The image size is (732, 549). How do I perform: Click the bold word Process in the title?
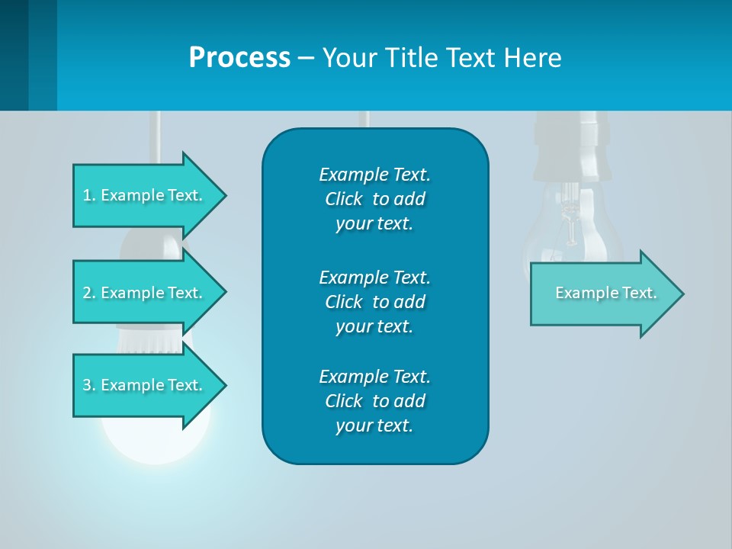coord(239,58)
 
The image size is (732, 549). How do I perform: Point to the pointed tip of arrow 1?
coord(224,195)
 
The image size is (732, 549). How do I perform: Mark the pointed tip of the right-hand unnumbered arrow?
coord(682,294)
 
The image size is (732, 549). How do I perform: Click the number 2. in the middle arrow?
coord(89,293)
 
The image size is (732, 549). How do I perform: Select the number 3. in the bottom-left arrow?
coord(89,385)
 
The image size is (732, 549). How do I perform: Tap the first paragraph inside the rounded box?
coord(374,199)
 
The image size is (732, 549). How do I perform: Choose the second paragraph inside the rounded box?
coord(374,301)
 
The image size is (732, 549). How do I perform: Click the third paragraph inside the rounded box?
coord(374,401)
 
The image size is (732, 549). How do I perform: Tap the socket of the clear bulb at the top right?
coord(568,145)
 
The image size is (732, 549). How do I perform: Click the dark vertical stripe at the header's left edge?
coord(14,55)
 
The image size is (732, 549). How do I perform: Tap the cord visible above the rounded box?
coord(364,119)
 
